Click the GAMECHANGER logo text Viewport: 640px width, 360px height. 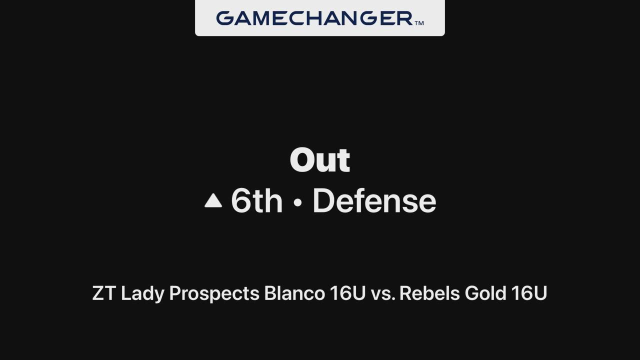314,18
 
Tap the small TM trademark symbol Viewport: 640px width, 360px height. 419,23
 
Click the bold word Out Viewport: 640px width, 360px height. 319,160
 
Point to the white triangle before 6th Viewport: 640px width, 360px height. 213,200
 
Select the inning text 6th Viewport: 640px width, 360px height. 256,200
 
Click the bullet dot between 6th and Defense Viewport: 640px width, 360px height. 297,202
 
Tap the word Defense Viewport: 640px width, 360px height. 374,200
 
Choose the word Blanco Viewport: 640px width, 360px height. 294,293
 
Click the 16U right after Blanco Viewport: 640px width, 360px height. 347,293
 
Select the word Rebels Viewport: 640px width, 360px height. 429,293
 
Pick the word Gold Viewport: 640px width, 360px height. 485,293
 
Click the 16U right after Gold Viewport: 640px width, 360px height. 529,293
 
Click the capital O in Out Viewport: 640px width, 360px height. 301,160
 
